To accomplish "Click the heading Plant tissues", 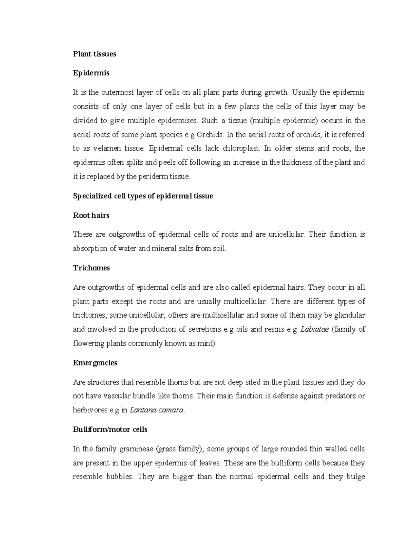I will point(94,54).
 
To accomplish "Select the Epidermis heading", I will point(91,73).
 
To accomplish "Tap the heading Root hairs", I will point(91,215).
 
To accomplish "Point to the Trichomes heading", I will point(91,268).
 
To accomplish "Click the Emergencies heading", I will point(95,363).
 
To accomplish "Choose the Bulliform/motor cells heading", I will point(110,430).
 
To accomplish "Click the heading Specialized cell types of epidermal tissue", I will point(143,196).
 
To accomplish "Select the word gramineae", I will point(137,449).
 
